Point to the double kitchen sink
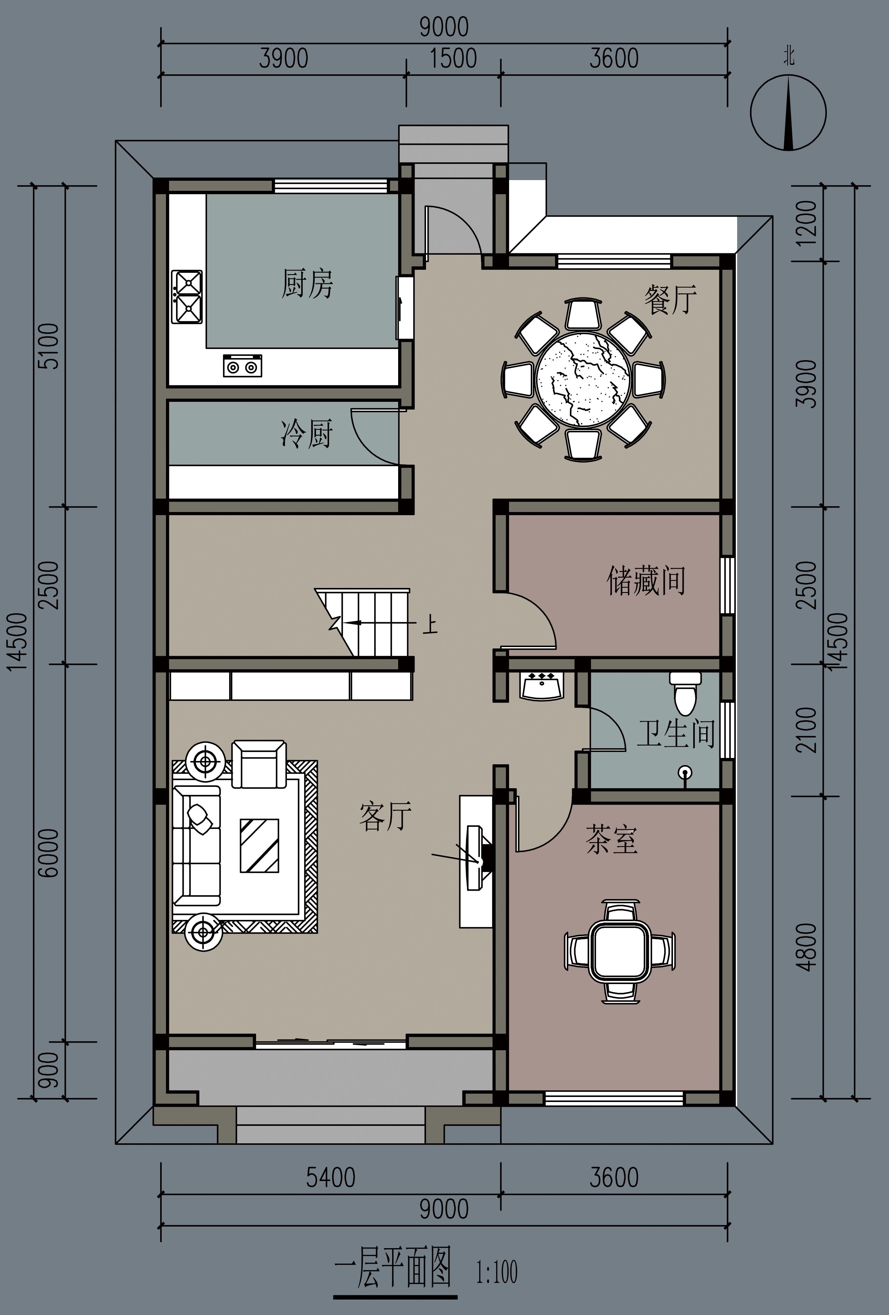187,297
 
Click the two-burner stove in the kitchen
242,366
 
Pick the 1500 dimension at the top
453,58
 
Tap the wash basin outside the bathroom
542,685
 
